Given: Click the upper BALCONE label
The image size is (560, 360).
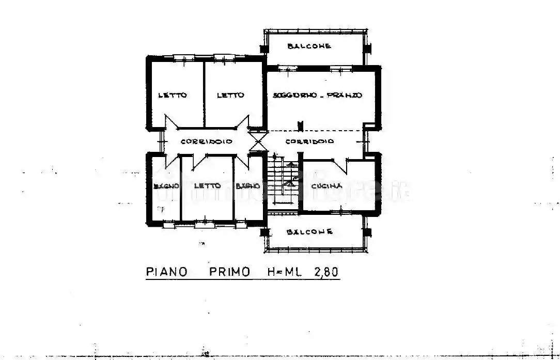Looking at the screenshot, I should [309, 46].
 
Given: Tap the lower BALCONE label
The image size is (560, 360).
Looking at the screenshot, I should [309, 232].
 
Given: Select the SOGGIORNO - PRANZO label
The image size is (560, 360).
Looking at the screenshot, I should [318, 95].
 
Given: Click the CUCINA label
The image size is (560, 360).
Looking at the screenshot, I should [326, 186].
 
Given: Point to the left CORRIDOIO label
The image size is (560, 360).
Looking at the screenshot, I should [206, 141].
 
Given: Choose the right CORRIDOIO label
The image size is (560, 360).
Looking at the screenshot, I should [309, 141].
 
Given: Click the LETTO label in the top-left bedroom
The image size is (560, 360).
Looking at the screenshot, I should [173, 95].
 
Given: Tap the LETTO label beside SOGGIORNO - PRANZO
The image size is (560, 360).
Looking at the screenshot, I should [230, 95].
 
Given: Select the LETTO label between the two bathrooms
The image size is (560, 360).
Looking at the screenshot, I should [207, 186].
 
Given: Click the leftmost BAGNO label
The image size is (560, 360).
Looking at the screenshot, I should [166, 186].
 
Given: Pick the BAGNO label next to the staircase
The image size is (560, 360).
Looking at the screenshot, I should [247, 186].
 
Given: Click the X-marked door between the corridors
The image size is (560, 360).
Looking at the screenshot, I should [257, 141].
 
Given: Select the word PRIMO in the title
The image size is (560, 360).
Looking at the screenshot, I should [230, 272].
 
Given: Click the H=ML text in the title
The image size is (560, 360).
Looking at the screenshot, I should [284, 272].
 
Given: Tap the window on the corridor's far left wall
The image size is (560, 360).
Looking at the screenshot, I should [161, 140].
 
